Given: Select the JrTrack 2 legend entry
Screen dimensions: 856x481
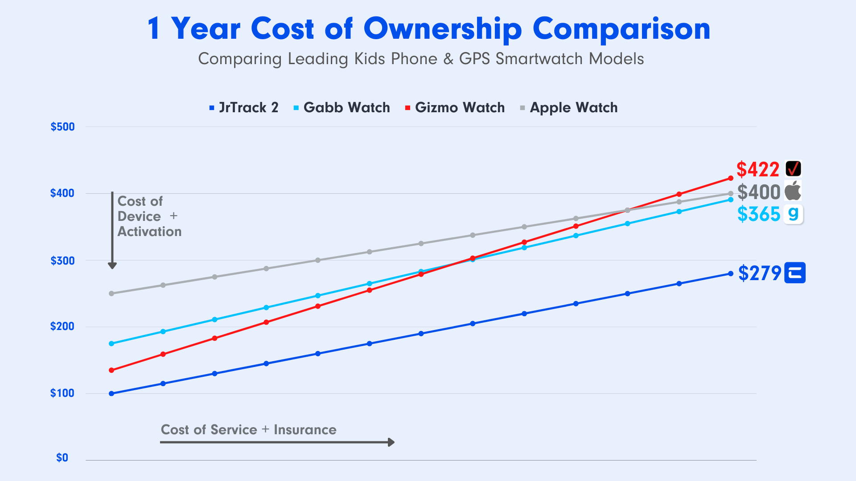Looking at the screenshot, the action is click(244, 108).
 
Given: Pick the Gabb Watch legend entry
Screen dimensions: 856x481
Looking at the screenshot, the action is click(342, 108).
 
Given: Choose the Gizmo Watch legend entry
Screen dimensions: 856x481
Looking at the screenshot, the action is click(455, 108).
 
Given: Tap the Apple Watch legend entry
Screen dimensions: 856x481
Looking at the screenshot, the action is click(569, 108).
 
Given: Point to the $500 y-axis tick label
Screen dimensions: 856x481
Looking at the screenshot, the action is click(62, 127).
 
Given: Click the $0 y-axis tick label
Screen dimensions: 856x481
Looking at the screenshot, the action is click(62, 458).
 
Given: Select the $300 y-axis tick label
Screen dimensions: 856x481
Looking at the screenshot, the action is click(62, 261).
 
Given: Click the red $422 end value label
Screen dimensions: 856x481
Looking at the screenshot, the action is click(758, 170).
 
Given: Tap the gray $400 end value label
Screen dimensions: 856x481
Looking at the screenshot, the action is click(759, 192).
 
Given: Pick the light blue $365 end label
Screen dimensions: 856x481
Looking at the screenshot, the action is click(759, 214).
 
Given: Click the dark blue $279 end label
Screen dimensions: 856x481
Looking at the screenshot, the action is click(760, 273).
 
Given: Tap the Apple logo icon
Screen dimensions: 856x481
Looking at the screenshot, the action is click(793, 191).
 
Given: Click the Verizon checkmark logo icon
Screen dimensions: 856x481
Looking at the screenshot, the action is click(794, 169).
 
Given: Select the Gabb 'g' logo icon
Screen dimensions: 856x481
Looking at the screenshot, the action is click(794, 214).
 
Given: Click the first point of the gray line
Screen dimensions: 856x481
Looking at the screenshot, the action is click(111, 293).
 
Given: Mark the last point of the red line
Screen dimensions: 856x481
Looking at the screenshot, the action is click(731, 178).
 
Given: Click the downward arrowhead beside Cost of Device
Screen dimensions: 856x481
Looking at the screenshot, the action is click(112, 266).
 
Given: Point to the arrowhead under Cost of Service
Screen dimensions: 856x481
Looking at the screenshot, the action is click(391, 442).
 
